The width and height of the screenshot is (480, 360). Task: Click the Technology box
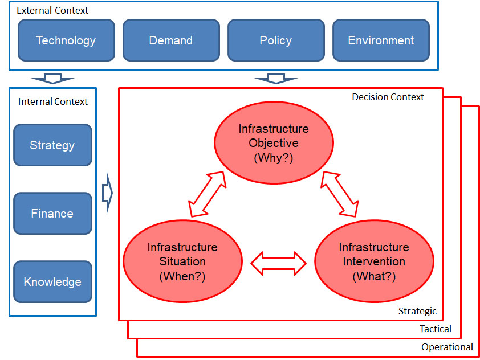click(67, 40)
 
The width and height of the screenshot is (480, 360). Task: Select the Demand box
click(171, 40)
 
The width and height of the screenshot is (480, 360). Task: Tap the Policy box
click(276, 40)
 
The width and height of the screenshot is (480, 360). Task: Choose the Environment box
click(381, 40)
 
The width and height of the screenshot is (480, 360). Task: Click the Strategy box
click(52, 145)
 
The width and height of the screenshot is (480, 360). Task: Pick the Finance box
click(52, 214)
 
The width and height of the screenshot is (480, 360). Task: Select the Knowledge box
click(52, 282)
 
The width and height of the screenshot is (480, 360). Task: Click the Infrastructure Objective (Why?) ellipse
click(274, 143)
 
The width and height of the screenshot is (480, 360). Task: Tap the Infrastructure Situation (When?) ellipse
click(183, 261)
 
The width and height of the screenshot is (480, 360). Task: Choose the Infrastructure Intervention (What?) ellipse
click(374, 261)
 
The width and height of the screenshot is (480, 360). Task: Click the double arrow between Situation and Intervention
click(278, 263)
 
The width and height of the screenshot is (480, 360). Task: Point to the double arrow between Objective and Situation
click(208, 194)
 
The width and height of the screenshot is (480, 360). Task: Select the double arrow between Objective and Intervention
click(340, 194)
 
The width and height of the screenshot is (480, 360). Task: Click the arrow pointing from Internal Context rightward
click(107, 193)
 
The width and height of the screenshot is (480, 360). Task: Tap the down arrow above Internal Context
click(52, 79)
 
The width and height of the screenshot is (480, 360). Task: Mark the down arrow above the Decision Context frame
click(276, 79)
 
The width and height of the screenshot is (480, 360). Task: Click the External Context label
click(52, 10)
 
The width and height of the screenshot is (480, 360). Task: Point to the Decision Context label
click(388, 97)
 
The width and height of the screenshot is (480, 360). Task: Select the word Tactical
click(436, 329)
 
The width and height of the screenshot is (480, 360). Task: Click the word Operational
click(447, 347)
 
